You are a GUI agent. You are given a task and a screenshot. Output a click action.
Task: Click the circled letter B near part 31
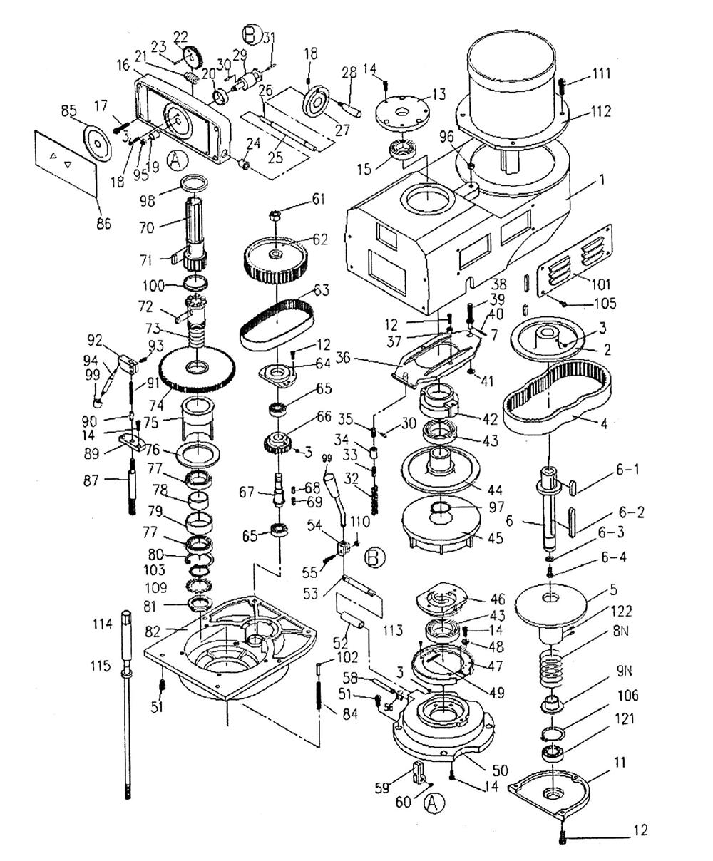tap(252, 33)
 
